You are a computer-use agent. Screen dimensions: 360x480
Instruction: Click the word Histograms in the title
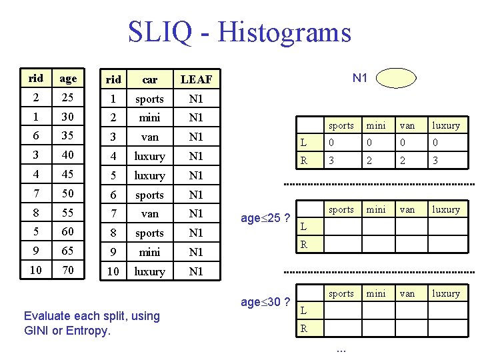point(284,31)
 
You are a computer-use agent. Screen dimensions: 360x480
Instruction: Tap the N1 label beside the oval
point(360,78)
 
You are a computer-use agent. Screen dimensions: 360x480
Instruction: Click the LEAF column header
point(196,79)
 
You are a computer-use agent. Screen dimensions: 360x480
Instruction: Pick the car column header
point(149,79)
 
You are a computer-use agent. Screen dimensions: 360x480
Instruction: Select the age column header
point(68,79)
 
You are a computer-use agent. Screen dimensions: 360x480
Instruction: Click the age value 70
point(68,271)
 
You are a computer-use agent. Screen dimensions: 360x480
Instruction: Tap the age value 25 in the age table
point(68,98)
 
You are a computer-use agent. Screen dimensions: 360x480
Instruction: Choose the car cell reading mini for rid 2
point(149,117)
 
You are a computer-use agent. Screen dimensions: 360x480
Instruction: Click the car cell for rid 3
point(149,137)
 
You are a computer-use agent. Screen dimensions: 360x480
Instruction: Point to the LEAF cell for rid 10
point(196,271)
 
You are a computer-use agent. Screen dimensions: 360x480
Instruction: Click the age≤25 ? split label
point(265,218)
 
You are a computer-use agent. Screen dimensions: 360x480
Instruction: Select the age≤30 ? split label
point(265,302)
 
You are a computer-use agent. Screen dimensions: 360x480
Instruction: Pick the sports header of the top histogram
point(341,125)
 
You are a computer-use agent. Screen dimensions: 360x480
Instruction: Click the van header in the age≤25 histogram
point(407,209)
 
